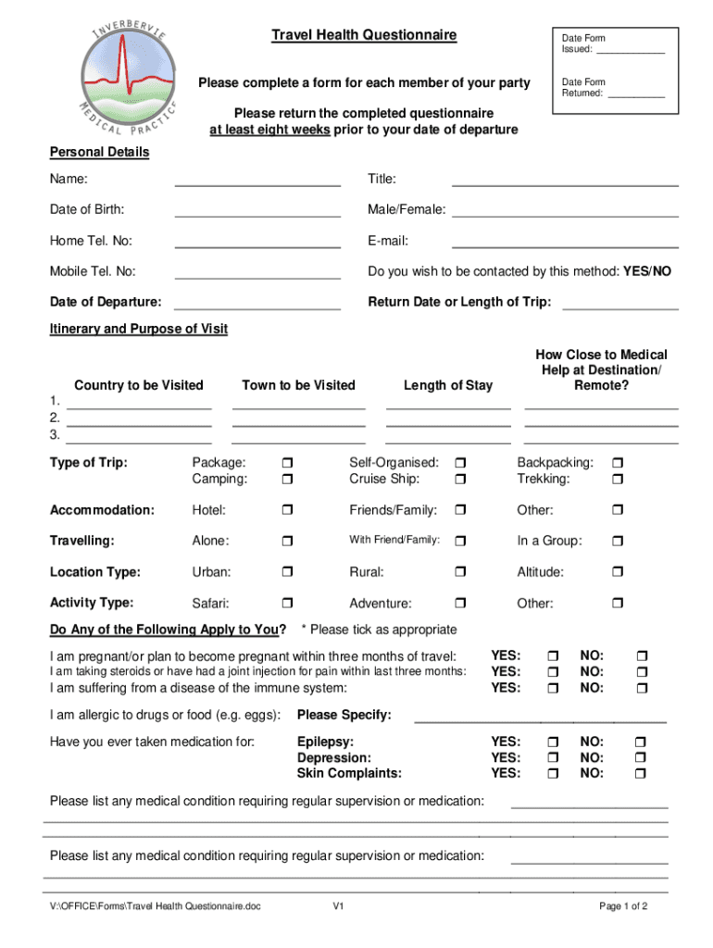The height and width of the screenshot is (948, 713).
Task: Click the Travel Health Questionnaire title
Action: (363, 35)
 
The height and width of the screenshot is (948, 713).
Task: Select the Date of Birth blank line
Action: (257, 215)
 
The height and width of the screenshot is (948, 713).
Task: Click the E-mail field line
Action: (564, 246)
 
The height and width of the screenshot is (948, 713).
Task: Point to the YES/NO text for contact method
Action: (647, 271)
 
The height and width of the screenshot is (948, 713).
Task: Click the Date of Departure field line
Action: (257, 307)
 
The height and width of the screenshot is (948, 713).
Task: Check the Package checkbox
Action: (286, 463)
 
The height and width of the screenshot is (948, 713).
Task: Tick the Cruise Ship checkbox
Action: (460, 480)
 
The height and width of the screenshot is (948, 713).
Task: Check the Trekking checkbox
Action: (619, 480)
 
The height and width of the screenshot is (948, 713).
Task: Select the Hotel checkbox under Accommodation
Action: (286, 511)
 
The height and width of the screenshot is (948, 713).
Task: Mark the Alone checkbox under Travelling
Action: (286, 542)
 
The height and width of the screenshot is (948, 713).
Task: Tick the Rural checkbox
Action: (460, 573)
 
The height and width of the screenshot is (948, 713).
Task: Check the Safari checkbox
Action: (286, 605)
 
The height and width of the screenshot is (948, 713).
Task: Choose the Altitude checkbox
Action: (619, 573)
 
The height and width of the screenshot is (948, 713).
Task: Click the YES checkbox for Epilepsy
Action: (554, 742)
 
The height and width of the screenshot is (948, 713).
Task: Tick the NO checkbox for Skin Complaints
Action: (640, 774)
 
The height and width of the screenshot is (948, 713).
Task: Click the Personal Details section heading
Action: (99, 152)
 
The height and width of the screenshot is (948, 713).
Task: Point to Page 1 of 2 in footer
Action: (623, 906)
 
